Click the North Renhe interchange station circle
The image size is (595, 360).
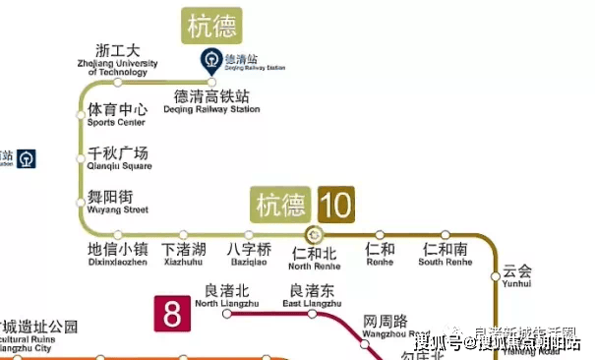(315, 234)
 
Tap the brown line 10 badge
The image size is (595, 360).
(334, 205)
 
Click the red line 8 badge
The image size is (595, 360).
(172, 315)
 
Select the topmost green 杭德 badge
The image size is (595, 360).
(211, 26)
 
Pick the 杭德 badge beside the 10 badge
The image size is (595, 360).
(280, 205)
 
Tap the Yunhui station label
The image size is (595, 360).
(517, 275)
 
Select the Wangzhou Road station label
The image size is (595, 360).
(385, 327)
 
